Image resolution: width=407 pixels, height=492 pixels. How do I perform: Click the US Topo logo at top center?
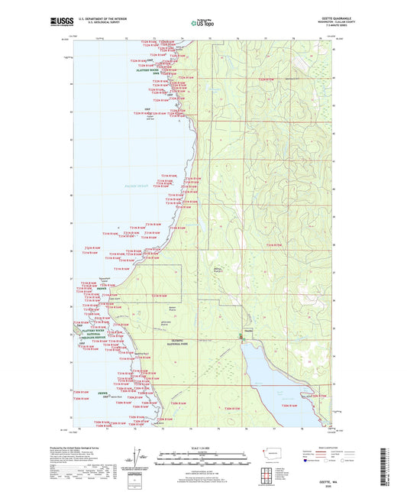202,24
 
